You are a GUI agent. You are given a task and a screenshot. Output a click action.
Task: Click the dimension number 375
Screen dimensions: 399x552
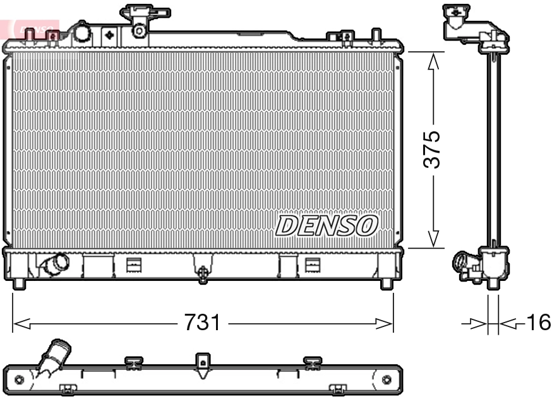pyautogui.click(x=432, y=150)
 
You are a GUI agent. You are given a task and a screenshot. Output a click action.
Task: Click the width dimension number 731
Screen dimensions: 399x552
pyautogui.click(x=202, y=324)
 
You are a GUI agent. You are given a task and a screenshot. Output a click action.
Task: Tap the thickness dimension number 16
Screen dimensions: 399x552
pyautogui.click(x=538, y=323)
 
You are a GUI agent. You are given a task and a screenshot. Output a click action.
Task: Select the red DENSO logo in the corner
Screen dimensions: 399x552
pyautogui.click(x=32, y=28)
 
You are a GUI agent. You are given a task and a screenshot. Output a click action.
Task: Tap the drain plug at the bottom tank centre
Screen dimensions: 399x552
pyautogui.click(x=203, y=273)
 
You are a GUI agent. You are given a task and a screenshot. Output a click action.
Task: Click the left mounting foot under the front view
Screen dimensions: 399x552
pyautogui.click(x=19, y=284)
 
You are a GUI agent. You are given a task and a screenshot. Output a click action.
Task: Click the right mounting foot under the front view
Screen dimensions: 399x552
pyautogui.click(x=387, y=284)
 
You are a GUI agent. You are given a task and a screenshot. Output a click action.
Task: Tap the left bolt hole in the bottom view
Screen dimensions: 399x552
pyautogui.click(x=19, y=379)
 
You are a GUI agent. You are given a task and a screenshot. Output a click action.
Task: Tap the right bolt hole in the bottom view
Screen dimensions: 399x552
pyautogui.click(x=387, y=379)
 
